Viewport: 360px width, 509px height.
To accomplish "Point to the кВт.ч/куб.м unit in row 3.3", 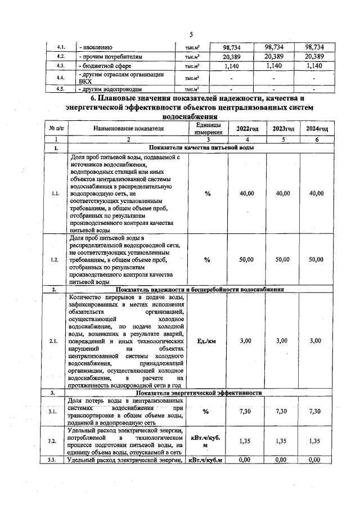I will point(207,461).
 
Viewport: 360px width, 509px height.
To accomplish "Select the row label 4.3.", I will point(62,66).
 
